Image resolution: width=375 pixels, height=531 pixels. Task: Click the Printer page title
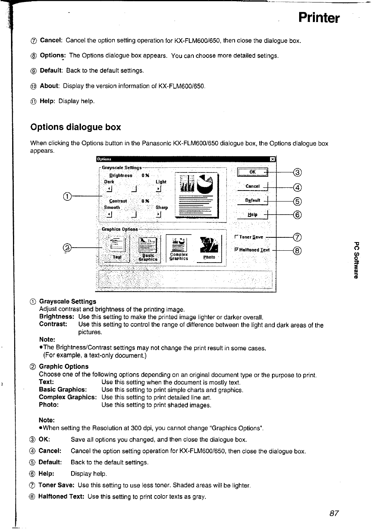pos(318,18)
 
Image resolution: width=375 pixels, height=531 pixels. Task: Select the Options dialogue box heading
pos(75,127)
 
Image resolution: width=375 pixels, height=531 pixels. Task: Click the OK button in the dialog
pos(252,172)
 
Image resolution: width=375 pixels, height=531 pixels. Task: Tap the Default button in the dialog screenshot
pos(252,200)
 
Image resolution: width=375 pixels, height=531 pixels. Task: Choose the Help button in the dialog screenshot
pos(252,215)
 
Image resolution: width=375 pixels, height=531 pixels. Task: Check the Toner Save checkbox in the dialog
pos(236,237)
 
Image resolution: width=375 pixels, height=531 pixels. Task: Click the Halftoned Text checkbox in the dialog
pos(236,250)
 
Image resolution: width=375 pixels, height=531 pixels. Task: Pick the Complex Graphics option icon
pos(179,248)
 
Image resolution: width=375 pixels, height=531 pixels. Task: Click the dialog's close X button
pos(272,159)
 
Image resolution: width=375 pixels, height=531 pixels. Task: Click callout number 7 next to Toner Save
pos(298,237)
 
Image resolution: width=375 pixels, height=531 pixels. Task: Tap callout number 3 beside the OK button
pos(298,172)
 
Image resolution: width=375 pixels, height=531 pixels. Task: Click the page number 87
pos(334,513)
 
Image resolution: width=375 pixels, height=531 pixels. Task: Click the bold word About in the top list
pos(49,86)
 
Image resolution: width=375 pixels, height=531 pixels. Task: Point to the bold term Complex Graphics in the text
pos(67,397)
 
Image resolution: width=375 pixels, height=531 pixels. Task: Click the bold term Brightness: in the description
pos(56,317)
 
